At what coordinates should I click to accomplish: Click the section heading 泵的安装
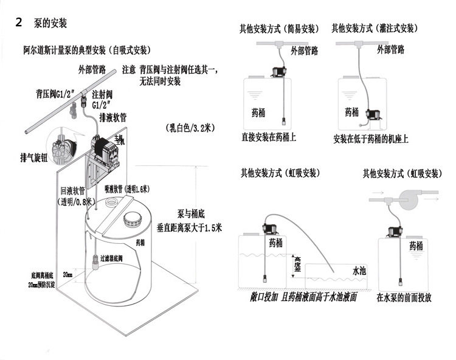click(46, 24)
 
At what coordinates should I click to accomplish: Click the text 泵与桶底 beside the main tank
click(192, 214)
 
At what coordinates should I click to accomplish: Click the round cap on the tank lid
click(131, 217)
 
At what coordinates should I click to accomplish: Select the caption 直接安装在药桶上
click(269, 138)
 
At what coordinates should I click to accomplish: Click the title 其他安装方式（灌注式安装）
click(375, 28)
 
